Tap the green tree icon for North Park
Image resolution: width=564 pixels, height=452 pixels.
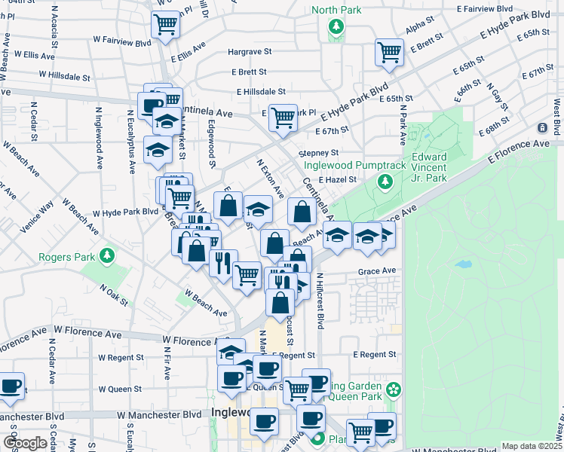point(336,28)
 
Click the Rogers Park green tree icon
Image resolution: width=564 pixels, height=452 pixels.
point(107,256)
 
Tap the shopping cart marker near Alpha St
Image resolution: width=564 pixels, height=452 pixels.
point(389,53)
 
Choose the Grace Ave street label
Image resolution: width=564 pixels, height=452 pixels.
point(377,270)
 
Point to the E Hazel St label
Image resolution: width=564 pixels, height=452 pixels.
point(336,180)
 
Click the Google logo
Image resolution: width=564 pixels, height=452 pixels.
point(24,443)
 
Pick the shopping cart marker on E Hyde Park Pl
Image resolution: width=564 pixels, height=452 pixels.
point(283,118)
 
